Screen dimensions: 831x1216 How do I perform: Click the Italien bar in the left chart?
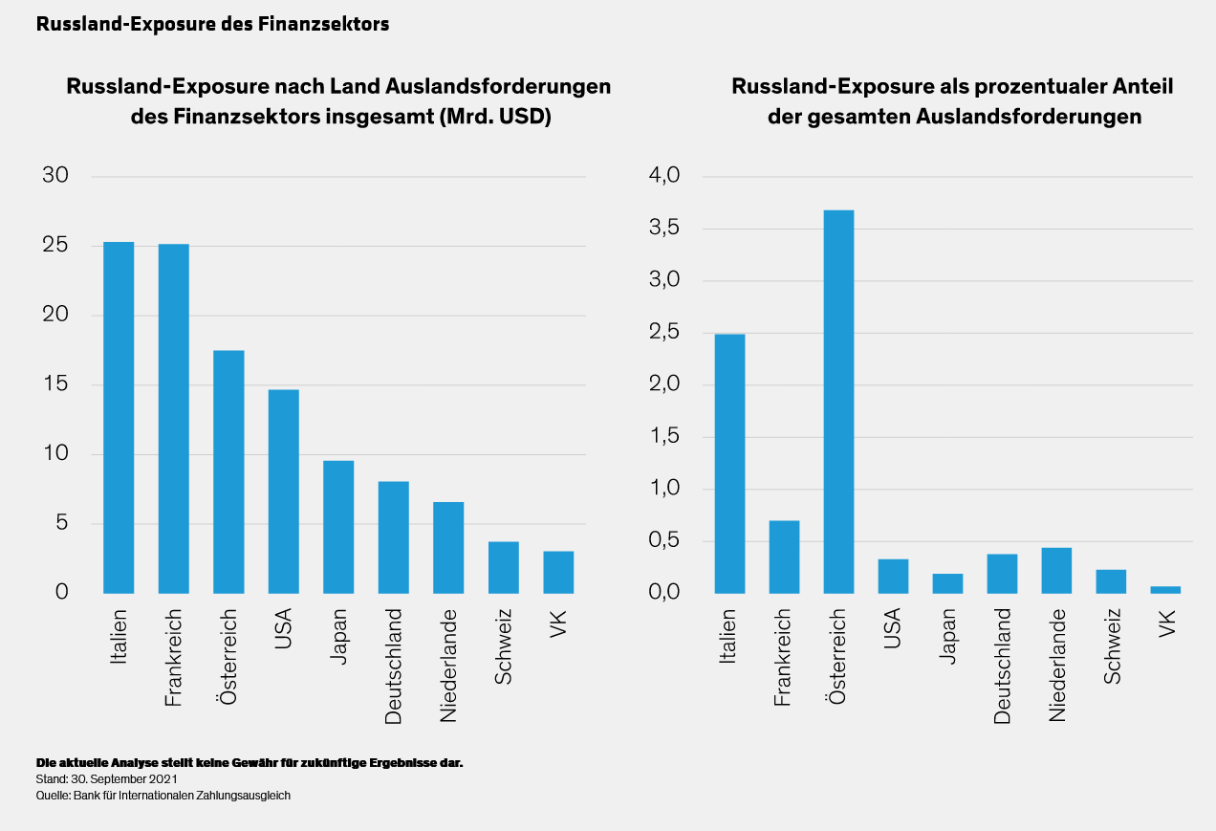click(x=119, y=417)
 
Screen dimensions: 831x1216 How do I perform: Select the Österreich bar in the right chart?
click(x=838, y=402)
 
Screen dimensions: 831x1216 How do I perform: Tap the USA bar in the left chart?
click(x=284, y=492)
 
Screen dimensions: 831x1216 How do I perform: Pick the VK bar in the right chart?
click(x=1165, y=589)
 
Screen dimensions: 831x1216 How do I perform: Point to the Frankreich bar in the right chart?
click(x=784, y=557)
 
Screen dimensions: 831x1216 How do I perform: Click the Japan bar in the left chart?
click(x=338, y=527)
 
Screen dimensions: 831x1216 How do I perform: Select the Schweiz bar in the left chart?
click(x=504, y=567)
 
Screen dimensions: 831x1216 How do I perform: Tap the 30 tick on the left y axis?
click(x=55, y=176)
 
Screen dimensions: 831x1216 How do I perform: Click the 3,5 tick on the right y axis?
click(x=664, y=229)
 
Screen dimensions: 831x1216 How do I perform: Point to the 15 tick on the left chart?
click(x=55, y=384)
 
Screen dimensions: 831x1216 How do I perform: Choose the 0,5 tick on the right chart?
click(x=664, y=541)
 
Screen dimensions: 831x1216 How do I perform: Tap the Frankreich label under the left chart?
click(x=173, y=658)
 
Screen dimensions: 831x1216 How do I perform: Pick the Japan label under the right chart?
click(x=946, y=638)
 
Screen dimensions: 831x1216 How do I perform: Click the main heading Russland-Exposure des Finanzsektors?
click(x=212, y=25)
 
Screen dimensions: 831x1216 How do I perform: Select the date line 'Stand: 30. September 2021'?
click(x=106, y=779)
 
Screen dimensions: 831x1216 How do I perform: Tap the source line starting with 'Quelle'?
click(x=163, y=795)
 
